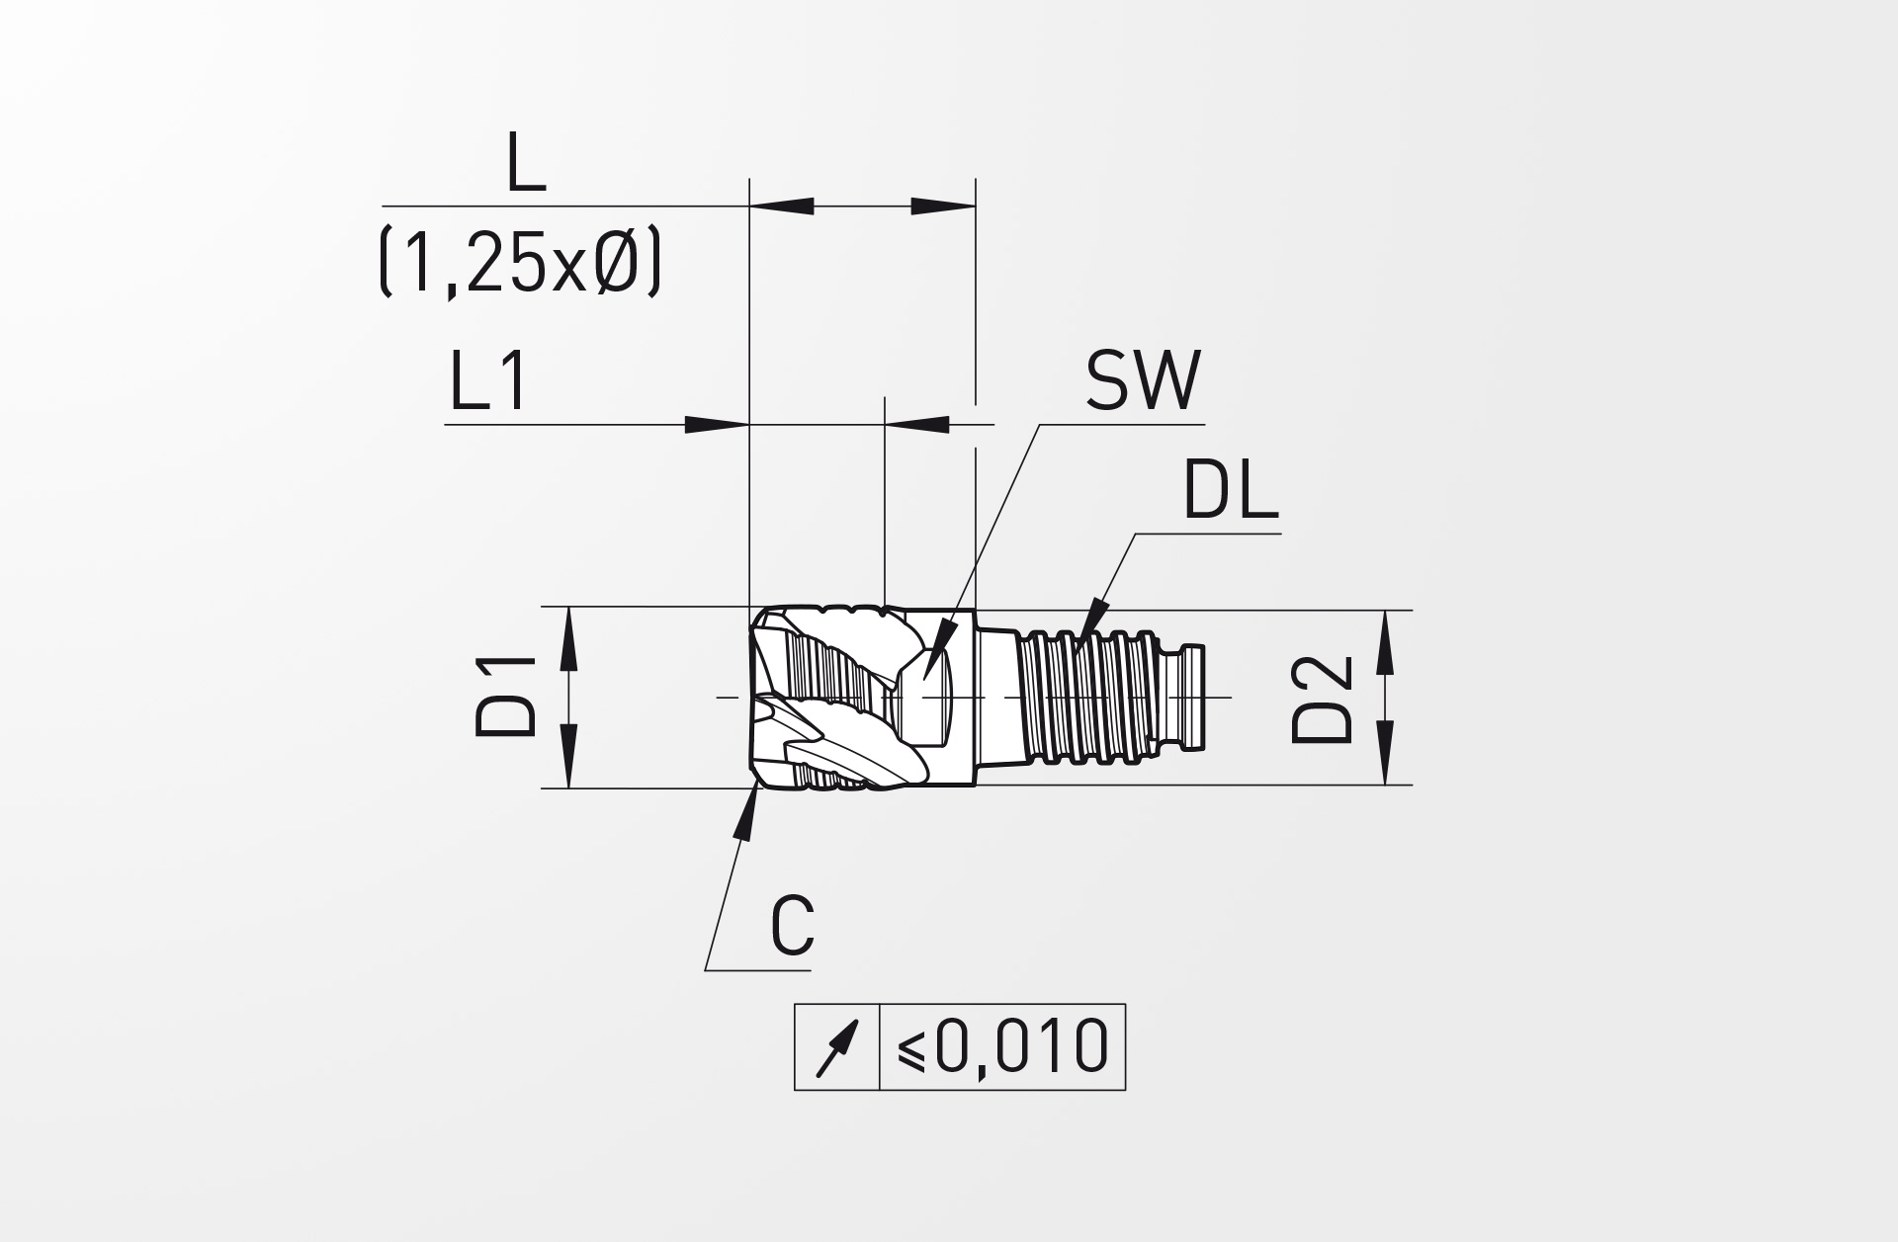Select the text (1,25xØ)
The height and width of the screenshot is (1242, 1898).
[x=519, y=264]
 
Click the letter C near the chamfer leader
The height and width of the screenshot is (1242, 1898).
[x=793, y=926]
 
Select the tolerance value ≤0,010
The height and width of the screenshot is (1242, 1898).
[x=1002, y=1046]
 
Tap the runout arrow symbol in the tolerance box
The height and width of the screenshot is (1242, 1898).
[x=836, y=1048]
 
